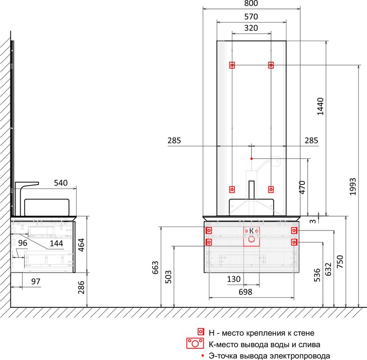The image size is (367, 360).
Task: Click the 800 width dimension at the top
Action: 251,3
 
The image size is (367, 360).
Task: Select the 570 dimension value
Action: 251,17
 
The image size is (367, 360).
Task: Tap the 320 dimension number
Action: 251,28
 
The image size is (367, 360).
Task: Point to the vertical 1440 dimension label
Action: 320,107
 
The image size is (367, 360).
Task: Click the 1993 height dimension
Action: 353,186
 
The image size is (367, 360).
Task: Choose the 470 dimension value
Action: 302,187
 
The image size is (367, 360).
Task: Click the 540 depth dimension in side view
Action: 61,183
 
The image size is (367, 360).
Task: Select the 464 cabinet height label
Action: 81,245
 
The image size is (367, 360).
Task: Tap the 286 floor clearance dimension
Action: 81,287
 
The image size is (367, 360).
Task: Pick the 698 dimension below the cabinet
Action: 245,292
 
